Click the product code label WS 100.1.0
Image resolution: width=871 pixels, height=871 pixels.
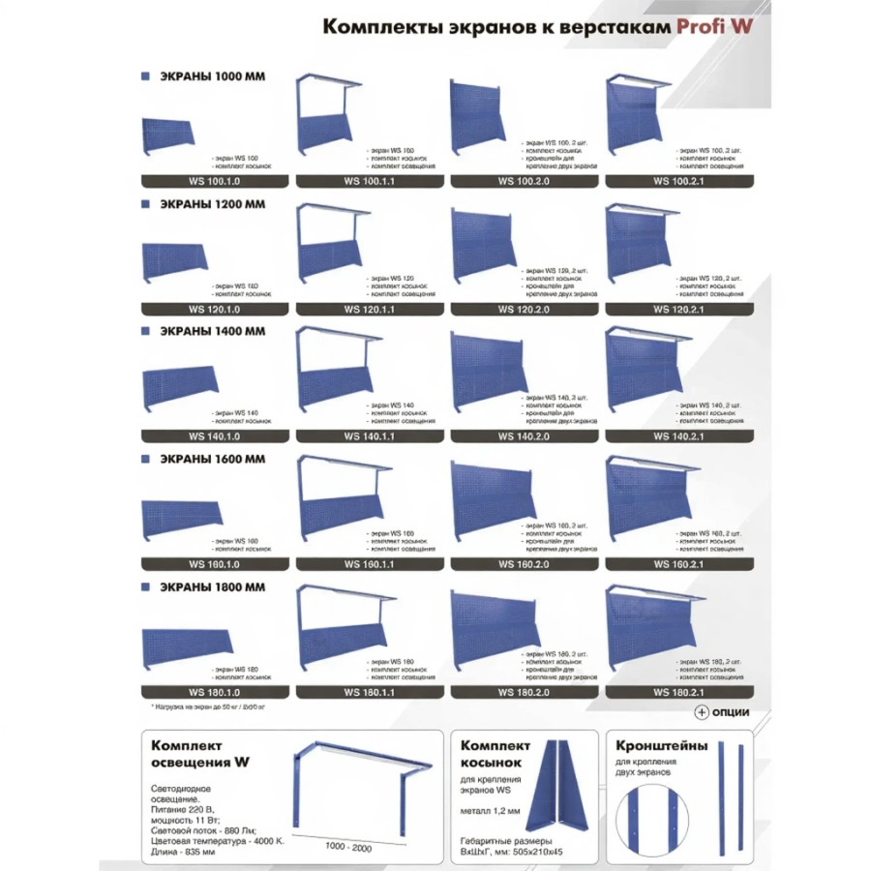(x=214, y=181)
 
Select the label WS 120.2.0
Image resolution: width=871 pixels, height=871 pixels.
(x=524, y=309)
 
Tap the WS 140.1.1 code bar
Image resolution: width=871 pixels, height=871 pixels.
(x=369, y=436)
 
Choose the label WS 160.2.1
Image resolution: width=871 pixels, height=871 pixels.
(x=678, y=564)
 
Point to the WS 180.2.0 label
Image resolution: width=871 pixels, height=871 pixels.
(x=524, y=692)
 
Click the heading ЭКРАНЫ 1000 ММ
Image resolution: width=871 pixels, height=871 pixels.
(x=212, y=75)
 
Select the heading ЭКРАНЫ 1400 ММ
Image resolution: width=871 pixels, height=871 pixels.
(x=212, y=331)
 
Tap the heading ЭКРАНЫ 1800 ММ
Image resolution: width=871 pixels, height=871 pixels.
(x=212, y=586)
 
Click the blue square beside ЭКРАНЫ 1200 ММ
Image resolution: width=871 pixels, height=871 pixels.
(x=145, y=204)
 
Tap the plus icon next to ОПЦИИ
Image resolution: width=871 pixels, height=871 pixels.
(x=703, y=712)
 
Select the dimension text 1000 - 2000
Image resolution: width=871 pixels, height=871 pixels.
(x=349, y=846)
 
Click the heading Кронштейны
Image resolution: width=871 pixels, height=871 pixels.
(x=662, y=746)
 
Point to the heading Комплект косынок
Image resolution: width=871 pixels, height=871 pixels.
(x=495, y=754)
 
